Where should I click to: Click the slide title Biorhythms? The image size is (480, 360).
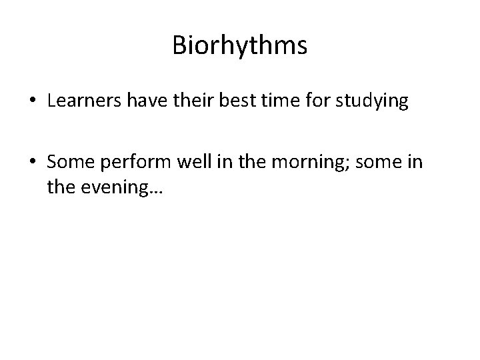(x=239, y=46)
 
